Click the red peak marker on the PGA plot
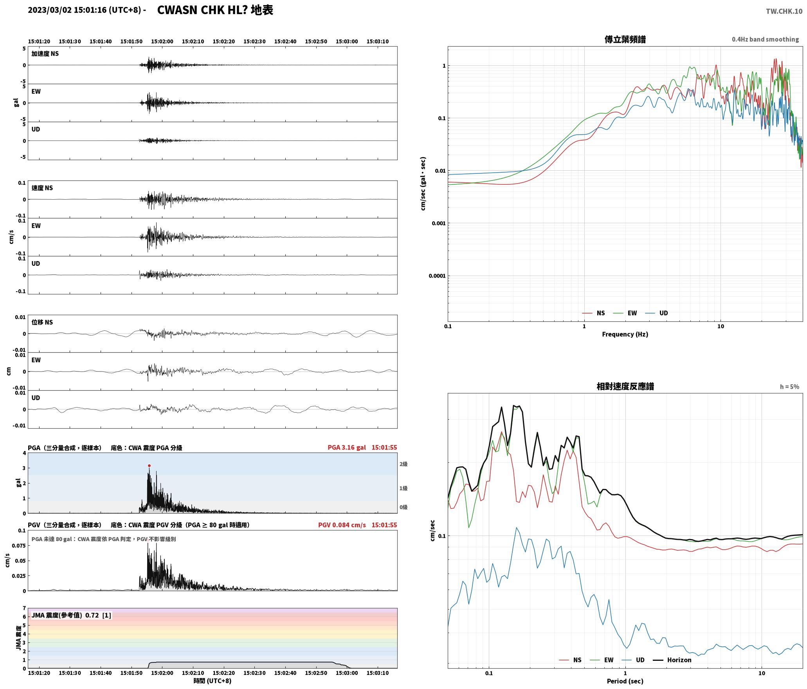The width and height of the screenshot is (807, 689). click(x=149, y=465)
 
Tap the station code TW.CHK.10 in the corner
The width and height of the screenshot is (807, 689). click(x=784, y=11)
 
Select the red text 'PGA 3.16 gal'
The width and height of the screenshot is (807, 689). click(x=347, y=447)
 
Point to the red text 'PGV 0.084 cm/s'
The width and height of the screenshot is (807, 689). click(x=342, y=525)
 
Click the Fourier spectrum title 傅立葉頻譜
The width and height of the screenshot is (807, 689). click(x=625, y=39)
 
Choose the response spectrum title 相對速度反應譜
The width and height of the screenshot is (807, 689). click(x=625, y=386)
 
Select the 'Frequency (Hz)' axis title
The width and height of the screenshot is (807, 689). click(x=625, y=334)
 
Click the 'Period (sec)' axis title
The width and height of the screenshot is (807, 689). click(x=625, y=681)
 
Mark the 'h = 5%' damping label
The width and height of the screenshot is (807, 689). click(x=789, y=386)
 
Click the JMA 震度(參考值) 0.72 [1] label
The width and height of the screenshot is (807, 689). click(x=71, y=615)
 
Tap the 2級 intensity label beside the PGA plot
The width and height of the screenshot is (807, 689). click(x=403, y=464)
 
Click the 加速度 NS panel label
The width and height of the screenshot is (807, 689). click(x=45, y=54)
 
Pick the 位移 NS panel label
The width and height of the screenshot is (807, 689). click(x=42, y=322)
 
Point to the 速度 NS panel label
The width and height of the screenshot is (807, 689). click(x=42, y=188)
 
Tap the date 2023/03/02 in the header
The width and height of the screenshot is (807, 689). click(x=50, y=10)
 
